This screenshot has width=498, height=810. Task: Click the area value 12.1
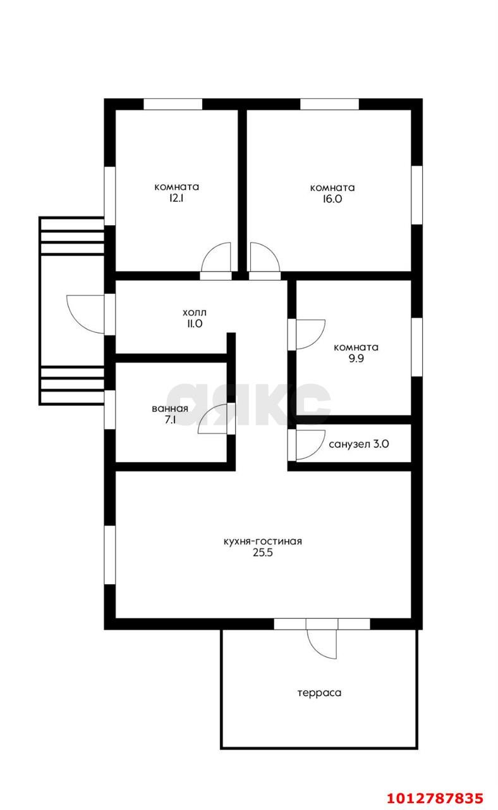click(x=176, y=199)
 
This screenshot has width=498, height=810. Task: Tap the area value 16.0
click(x=332, y=199)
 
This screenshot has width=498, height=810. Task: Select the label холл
click(x=194, y=313)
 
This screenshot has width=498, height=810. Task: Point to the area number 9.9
click(x=356, y=358)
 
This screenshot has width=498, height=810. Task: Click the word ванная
click(x=170, y=409)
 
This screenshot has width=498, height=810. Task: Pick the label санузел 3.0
click(x=358, y=444)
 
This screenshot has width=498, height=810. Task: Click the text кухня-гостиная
click(x=262, y=541)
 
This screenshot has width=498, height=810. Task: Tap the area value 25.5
click(x=262, y=552)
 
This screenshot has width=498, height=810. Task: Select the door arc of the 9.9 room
click(x=317, y=341)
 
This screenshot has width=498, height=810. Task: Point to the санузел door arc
click(x=317, y=451)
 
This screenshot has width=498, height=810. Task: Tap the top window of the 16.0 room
click(x=330, y=104)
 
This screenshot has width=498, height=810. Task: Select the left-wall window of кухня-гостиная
click(x=110, y=555)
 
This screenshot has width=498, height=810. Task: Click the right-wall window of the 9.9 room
click(x=416, y=347)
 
